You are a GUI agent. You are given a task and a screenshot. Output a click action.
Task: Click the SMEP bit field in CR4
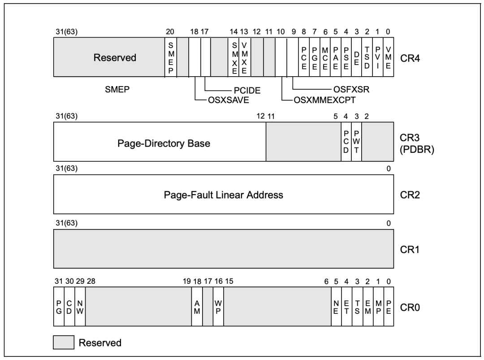point(171,57)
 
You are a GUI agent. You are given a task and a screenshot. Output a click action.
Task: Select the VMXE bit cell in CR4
point(245,57)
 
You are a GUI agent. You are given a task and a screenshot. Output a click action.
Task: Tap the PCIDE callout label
point(247,91)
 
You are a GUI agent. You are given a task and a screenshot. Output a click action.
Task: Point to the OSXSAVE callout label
point(229,100)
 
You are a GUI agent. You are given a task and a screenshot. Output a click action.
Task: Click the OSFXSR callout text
point(351,89)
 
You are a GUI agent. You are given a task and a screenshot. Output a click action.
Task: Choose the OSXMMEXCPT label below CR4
point(325,100)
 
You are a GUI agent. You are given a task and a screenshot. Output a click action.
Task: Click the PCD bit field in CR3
point(346,142)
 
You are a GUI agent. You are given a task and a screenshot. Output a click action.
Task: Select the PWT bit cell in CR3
point(357,142)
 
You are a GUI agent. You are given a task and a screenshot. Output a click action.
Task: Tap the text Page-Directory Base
point(164,143)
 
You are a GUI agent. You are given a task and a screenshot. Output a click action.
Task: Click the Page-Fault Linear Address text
point(224,195)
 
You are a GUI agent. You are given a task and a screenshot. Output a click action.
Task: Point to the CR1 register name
point(410,249)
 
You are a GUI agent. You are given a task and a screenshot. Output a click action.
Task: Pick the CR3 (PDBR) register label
point(417,143)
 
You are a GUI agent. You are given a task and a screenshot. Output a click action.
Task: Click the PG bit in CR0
point(59,307)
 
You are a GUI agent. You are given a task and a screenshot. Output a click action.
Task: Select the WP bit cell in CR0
point(218,307)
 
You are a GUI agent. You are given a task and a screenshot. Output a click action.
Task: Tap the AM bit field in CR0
point(197,307)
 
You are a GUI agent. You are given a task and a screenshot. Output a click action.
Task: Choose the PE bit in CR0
point(389,307)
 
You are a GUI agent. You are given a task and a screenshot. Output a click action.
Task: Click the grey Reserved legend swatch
point(64,343)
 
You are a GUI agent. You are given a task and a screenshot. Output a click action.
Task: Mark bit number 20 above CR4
point(170,31)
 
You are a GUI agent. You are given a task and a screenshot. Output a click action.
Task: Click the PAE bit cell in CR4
point(336,57)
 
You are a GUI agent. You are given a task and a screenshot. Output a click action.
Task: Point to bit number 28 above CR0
point(91,281)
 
